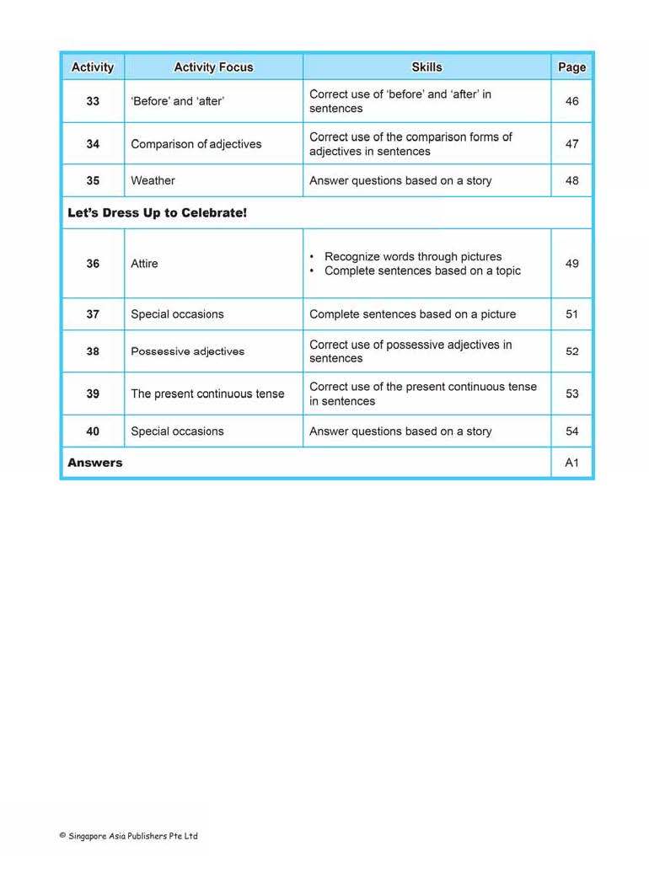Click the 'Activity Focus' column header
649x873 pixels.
click(213, 67)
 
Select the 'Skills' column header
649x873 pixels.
click(426, 67)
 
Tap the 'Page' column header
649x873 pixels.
click(571, 67)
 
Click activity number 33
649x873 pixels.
click(93, 101)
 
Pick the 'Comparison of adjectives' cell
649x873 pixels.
click(196, 144)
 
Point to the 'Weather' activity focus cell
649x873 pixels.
click(153, 180)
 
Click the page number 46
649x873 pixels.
click(571, 101)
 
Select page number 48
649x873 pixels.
click(571, 180)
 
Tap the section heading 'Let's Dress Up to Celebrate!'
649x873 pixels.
click(158, 213)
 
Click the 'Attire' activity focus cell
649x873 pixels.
click(144, 264)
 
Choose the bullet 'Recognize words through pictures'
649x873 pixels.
click(412, 256)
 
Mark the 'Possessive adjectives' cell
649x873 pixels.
click(187, 351)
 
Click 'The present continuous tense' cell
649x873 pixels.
click(207, 394)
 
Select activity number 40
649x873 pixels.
click(93, 431)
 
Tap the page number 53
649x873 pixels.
click(571, 394)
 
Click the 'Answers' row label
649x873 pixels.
click(95, 463)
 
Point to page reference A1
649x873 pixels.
click(571, 463)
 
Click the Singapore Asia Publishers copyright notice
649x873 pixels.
click(128, 836)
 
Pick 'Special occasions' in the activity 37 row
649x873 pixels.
click(177, 314)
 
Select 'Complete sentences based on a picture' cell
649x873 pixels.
click(412, 314)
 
